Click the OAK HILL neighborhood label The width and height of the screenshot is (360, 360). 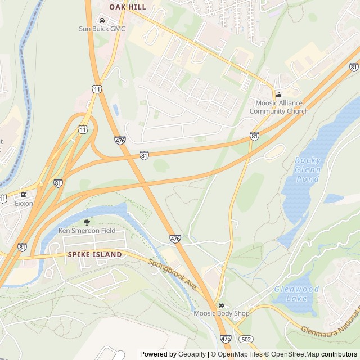click(x=128, y=7)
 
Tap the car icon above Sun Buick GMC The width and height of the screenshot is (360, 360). click(x=102, y=21)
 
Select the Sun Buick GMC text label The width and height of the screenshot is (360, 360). click(x=102, y=29)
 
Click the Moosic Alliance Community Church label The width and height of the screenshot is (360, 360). click(x=279, y=107)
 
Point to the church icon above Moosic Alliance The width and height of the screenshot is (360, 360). click(x=279, y=94)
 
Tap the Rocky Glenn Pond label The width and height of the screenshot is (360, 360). click(x=308, y=169)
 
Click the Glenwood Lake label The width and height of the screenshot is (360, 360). click(x=296, y=294)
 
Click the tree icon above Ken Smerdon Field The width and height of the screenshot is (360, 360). click(x=86, y=223)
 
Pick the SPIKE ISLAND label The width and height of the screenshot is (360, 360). click(x=94, y=254)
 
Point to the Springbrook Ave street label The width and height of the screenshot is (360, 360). click(x=172, y=274)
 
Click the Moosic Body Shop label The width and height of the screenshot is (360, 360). click(x=221, y=313)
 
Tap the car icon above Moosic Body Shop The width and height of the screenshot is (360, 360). click(x=221, y=305)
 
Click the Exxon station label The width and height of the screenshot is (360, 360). click(x=24, y=203)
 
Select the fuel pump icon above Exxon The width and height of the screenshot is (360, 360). click(x=24, y=195)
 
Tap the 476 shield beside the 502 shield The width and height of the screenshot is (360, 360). click(x=226, y=338)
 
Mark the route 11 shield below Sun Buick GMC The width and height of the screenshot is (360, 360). click(x=97, y=89)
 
